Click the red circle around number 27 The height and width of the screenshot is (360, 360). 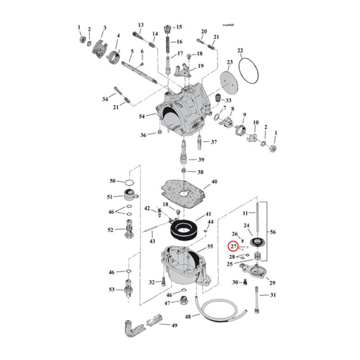[233, 247]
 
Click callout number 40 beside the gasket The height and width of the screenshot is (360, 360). [214, 182]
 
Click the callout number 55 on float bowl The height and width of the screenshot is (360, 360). [210, 247]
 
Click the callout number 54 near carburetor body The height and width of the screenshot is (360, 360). [143, 117]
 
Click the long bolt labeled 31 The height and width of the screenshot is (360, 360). [256, 299]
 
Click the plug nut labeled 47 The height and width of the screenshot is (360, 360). [184, 301]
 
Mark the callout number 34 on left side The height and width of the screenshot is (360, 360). [105, 99]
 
